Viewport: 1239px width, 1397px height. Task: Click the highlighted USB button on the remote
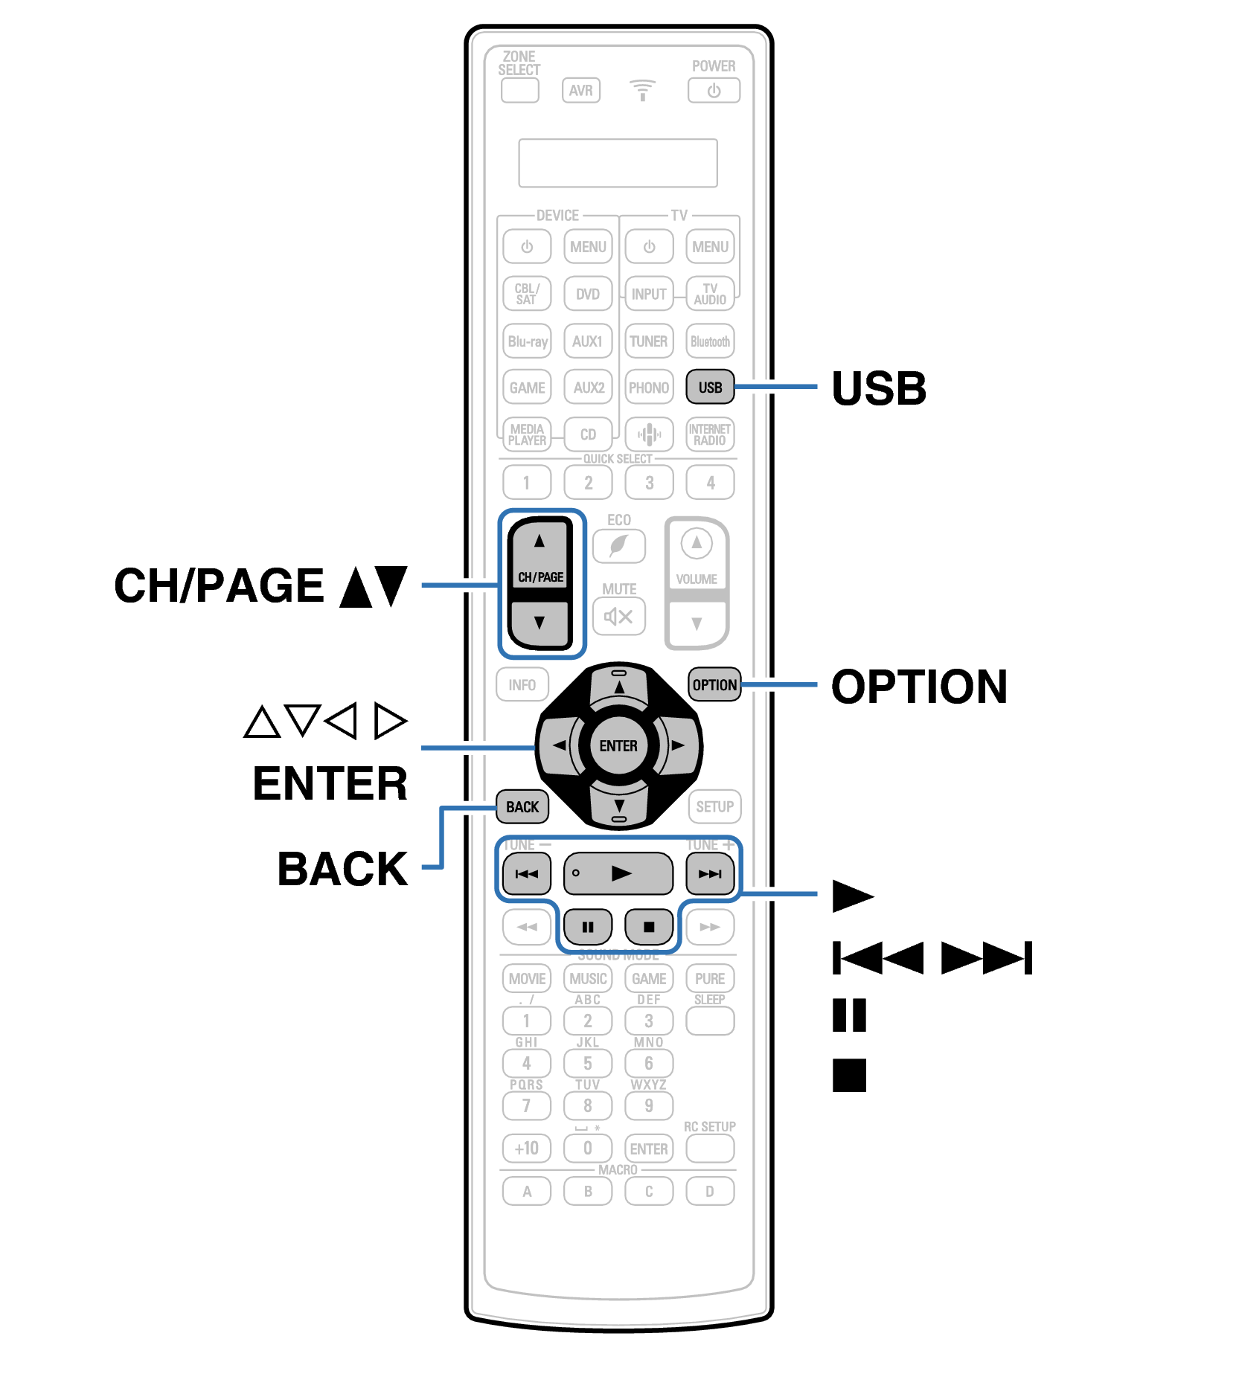(710, 387)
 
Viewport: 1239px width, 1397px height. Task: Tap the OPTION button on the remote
(714, 684)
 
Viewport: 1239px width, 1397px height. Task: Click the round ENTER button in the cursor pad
(618, 745)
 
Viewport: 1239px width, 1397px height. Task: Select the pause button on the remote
(588, 926)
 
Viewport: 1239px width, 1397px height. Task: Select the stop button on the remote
(649, 926)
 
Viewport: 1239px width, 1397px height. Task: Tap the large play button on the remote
(618, 873)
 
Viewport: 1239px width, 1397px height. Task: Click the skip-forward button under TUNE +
(710, 873)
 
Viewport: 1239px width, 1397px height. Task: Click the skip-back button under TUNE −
(527, 873)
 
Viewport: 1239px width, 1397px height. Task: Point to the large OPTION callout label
(919, 686)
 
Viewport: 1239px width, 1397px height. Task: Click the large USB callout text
(879, 388)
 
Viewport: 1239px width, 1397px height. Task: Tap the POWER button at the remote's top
(714, 91)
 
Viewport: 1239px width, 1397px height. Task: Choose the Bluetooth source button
(710, 341)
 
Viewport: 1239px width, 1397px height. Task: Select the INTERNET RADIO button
(710, 434)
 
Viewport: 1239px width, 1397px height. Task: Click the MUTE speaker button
(618, 616)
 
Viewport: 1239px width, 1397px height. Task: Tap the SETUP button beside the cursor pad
(714, 806)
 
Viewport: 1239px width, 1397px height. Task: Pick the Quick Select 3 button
(649, 483)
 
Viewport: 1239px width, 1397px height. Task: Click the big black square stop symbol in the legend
(849, 1075)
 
